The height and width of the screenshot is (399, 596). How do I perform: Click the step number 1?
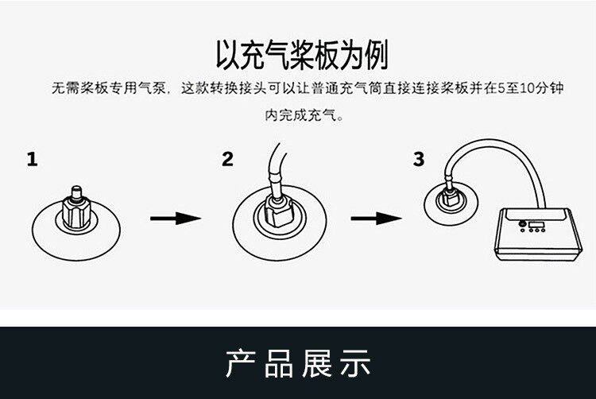coord(32,160)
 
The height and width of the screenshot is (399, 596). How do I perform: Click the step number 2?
coord(228,160)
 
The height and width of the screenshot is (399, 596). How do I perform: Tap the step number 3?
coord(419,160)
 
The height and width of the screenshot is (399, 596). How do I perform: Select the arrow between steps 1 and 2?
coord(174,217)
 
